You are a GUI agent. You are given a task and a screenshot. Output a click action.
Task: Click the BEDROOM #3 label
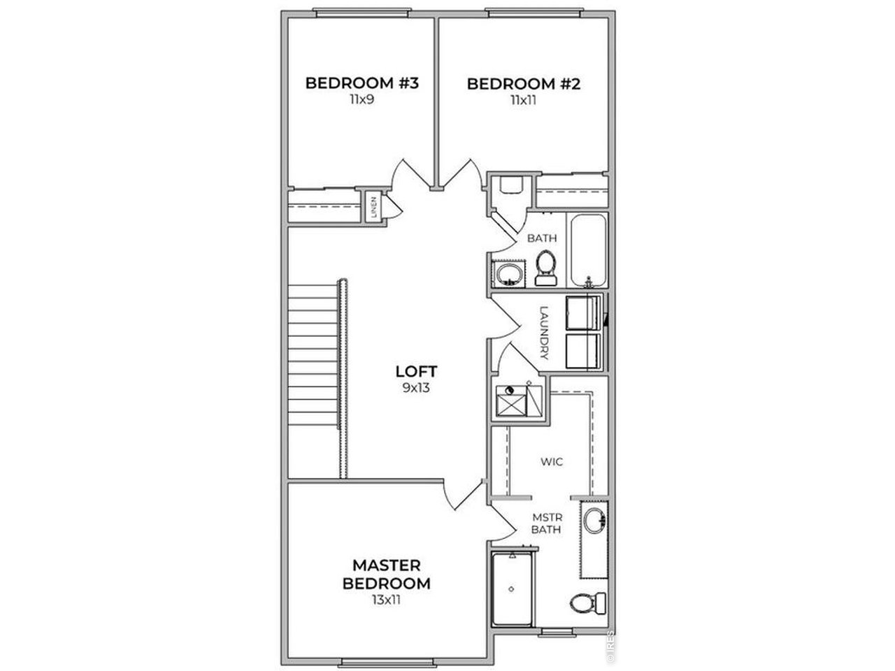coord(361,83)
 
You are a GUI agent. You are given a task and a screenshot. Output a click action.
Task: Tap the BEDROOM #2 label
coord(523,84)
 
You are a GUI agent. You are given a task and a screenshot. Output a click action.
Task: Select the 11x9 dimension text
coord(361,99)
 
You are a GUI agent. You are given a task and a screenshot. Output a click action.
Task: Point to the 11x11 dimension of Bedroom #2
coord(523,100)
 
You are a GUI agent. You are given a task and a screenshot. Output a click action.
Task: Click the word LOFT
coord(416,371)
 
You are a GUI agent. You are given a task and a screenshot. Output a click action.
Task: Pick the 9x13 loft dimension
coord(416,387)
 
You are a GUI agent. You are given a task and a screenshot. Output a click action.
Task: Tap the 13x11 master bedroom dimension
coord(386,600)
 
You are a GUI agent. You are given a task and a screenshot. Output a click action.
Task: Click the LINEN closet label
coord(373,207)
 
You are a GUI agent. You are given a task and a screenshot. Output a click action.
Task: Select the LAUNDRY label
coord(544,333)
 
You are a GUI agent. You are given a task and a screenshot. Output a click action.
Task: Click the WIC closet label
coord(552,461)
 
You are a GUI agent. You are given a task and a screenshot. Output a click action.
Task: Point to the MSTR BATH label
coord(547,524)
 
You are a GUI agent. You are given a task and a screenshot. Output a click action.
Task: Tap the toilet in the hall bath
coord(546,267)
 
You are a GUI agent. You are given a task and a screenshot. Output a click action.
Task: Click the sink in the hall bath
coord(509,274)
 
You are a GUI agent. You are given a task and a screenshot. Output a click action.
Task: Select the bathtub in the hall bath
coord(588,250)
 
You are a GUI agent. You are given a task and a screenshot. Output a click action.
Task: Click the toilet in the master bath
coord(587,603)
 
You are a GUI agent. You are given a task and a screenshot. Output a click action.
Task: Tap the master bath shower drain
coord(511,589)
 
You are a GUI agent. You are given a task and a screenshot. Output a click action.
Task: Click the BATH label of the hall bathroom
coord(541,238)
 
